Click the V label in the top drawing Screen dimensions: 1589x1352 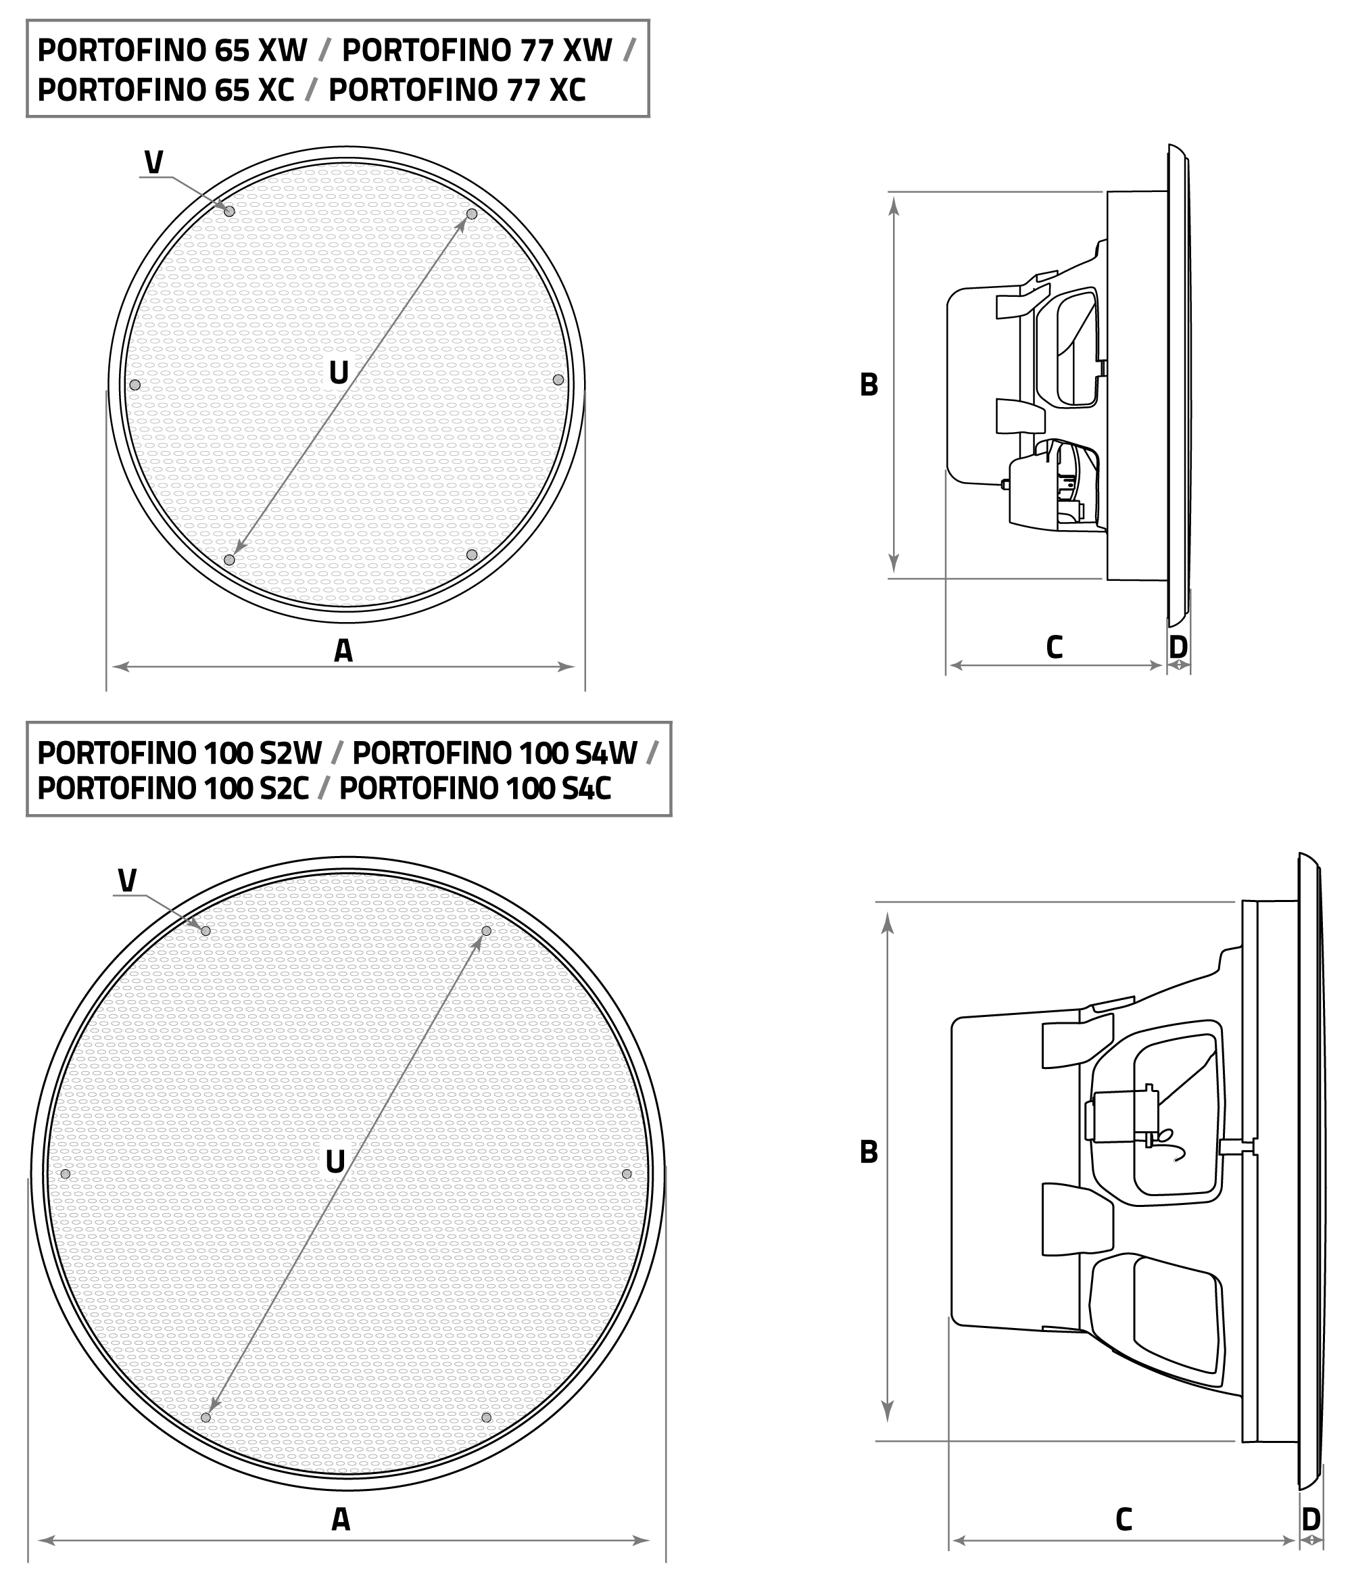point(153,162)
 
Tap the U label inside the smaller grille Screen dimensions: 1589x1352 point(338,373)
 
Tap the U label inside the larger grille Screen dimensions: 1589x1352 point(335,1162)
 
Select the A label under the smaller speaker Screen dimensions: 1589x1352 point(343,650)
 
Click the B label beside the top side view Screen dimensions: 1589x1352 point(869,385)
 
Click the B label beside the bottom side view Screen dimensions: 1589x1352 point(869,1152)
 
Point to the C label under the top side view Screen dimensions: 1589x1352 point(1054,648)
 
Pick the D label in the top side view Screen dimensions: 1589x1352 point(1178,648)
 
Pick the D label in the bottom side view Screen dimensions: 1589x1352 point(1311,1519)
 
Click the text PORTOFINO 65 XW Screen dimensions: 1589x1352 point(172,51)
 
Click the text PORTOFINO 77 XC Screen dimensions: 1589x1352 point(457,91)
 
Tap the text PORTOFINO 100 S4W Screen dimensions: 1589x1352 point(494,753)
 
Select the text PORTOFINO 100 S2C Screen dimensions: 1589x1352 point(172,788)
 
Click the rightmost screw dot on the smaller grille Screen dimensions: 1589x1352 point(558,380)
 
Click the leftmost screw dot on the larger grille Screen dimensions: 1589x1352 point(65,1175)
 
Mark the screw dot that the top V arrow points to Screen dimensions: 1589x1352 point(229,211)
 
